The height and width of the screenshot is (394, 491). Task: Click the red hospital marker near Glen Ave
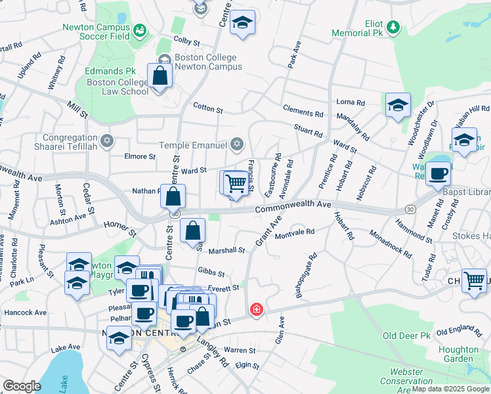pyautogui.click(x=256, y=309)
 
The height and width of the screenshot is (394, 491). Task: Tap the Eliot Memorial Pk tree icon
pyautogui.click(x=393, y=27)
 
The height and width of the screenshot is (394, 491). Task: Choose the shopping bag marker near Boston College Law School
pyautogui.click(x=160, y=76)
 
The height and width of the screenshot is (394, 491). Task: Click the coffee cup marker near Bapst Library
pyautogui.click(x=438, y=174)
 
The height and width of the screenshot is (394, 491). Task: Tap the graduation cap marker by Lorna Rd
pyautogui.click(x=398, y=105)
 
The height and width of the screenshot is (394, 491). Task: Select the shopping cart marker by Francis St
pyautogui.click(x=236, y=183)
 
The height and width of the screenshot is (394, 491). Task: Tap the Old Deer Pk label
pyautogui.click(x=406, y=336)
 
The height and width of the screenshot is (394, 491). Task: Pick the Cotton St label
pyautogui.click(x=207, y=106)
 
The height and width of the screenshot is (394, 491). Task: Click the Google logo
pyautogui.click(x=22, y=386)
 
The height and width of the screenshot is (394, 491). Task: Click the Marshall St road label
pyautogui.click(x=226, y=250)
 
